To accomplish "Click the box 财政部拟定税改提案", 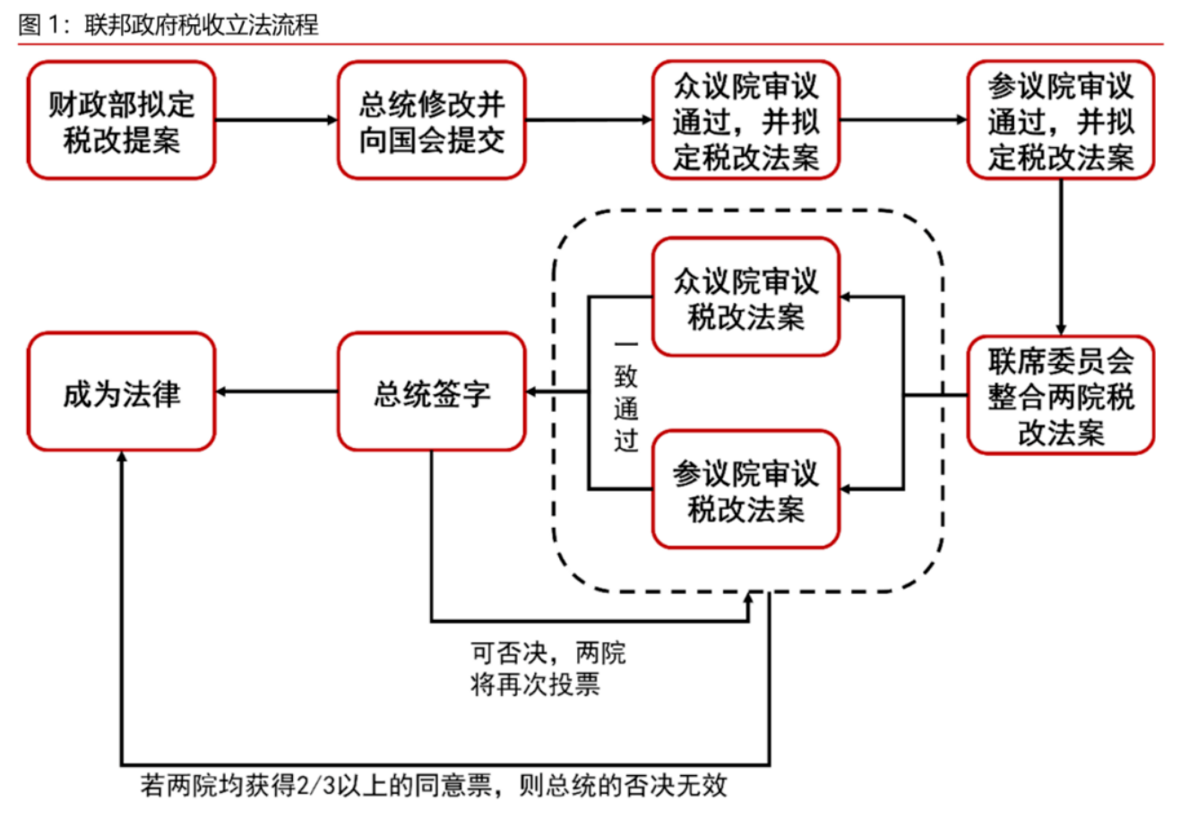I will point(121,120).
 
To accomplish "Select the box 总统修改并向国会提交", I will point(431,120).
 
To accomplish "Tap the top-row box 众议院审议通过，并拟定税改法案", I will point(746,120).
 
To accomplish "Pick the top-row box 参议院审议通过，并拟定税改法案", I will point(1060,120).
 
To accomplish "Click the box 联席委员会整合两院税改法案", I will point(1060,395).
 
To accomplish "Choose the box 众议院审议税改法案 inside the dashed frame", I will point(746,297).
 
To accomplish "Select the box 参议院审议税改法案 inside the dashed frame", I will point(746,489).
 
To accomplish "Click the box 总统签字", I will point(431,392).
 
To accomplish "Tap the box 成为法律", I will point(121,392).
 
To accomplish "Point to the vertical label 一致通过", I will point(625,394).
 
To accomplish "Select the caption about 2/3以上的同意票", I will point(434,786).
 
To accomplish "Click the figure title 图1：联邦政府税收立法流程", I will point(168,24).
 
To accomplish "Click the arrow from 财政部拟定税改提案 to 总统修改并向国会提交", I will point(276,120).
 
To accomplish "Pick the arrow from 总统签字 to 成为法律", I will point(276,392).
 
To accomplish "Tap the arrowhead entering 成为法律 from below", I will point(121,457).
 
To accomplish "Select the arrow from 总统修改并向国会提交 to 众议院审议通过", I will point(588,120).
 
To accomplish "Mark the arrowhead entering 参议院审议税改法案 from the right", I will point(847,489).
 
